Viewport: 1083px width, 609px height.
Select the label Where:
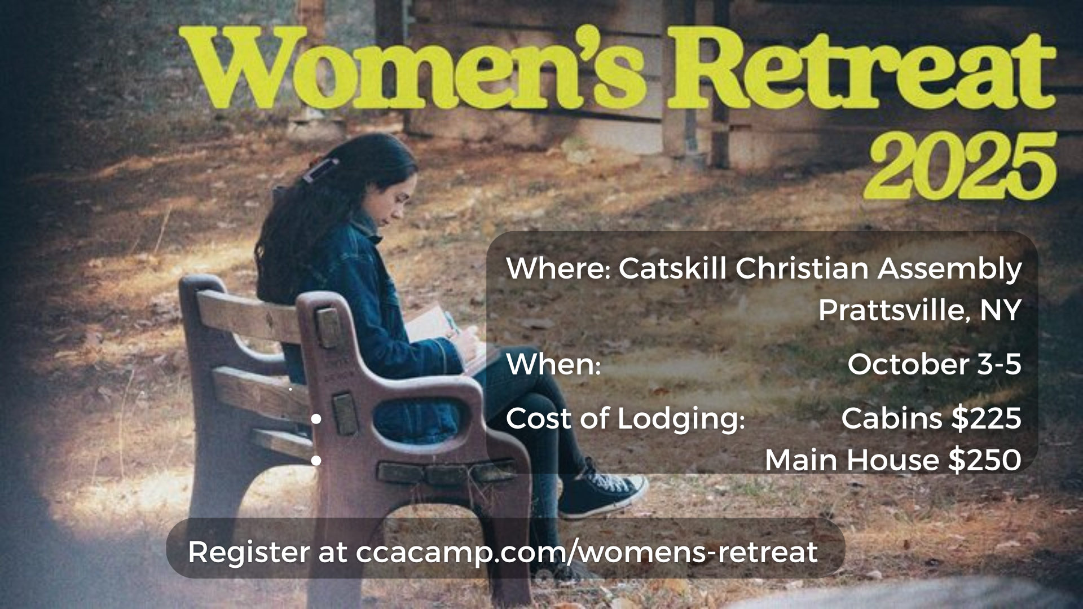558,268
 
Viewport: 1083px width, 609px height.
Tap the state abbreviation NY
1001,311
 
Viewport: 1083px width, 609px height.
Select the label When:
553,364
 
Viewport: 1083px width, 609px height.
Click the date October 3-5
934,364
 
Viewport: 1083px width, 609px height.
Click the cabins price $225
986,418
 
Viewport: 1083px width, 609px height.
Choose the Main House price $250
985,460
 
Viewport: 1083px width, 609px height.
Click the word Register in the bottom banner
249,553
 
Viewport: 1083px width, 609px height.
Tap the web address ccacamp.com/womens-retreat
587,553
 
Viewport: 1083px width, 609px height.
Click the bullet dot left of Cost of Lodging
316,420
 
